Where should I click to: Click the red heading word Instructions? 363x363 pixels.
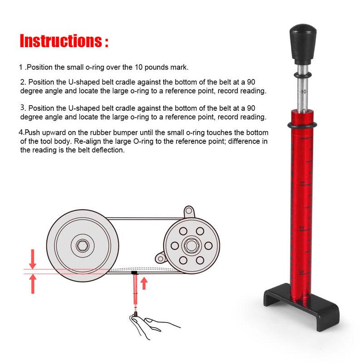pos(61,41)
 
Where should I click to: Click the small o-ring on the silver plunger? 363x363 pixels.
pos(303,75)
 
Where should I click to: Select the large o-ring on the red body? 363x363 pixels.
pos(302,125)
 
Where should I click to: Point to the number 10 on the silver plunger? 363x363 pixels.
pos(304,92)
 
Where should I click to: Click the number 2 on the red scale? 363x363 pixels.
pos(301,229)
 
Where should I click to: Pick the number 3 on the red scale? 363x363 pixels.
pos(301,271)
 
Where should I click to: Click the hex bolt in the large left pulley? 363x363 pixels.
pos(82,245)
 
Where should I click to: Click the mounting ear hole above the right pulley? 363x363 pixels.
pos(189,211)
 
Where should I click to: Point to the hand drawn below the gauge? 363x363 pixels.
pos(151,325)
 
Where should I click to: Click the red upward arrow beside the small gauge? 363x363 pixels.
pos(144,283)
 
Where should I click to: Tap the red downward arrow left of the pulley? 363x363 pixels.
pos(33,259)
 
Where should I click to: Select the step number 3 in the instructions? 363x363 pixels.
pos(22,108)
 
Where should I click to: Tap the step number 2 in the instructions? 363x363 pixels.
pos(23,82)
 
